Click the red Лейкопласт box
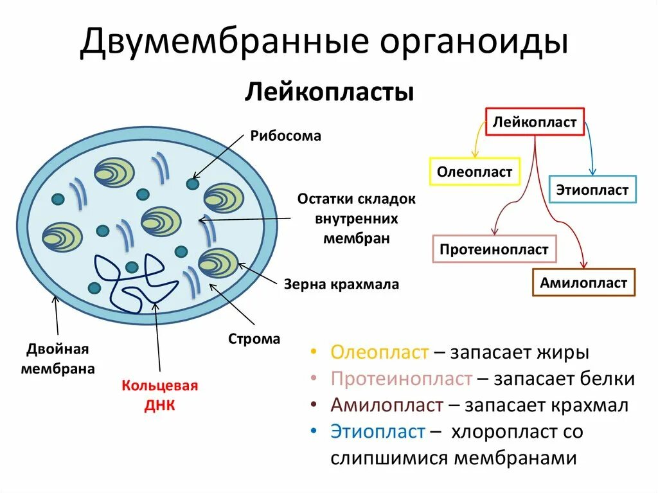pyautogui.click(x=535, y=122)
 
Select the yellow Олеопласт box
pyautogui.click(x=474, y=172)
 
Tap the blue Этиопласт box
pyautogui.click(x=592, y=190)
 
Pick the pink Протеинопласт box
pyautogui.click(x=494, y=249)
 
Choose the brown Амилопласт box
pyautogui.click(x=583, y=283)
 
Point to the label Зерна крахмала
pyautogui.click(x=341, y=284)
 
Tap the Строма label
pyautogui.click(x=254, y=339)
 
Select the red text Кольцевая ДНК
pyautogui.click(x=160, y=395)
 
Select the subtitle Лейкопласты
pyautogui.click(x=328, y=92)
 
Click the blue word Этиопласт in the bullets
pyautogui.click(x=378, y=431)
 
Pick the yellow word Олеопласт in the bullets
pyautogui.click(x=379, y=353)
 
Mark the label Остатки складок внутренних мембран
pyautogui.click(x=356, y=219)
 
